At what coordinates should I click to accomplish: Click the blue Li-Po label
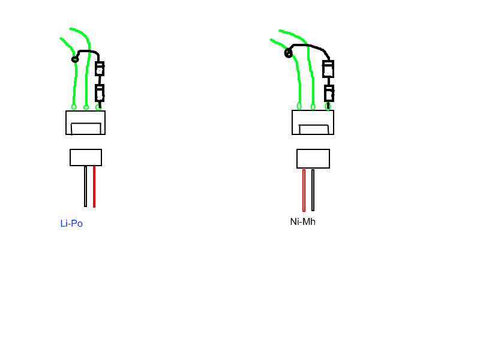coord(71,224)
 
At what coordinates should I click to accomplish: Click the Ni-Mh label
coord(302,222)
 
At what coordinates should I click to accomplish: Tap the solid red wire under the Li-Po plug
coord(94,187)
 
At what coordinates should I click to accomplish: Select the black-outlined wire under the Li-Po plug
coord(85,187)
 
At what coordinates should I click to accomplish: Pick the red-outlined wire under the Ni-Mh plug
coord(304,190)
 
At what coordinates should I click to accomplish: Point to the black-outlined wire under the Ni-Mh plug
coord(313,190)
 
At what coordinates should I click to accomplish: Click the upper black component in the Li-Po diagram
coord(100,69)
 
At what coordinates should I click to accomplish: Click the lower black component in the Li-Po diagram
coord(100,94)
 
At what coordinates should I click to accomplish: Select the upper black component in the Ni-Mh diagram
coord(328,69)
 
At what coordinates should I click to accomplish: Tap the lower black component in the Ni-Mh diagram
coord(329,94)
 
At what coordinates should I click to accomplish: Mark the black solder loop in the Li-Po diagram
coord(75,59)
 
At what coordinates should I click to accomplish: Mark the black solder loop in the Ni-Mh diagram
coord(289,53)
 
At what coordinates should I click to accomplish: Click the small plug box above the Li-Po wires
coord(86,157)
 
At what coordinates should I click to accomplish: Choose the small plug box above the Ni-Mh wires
coord(313,158)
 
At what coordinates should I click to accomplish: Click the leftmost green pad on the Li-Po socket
coord(74,107)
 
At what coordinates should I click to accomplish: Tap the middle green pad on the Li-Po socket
coord(86,107)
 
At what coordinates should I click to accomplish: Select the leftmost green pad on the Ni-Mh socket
coord(299,106)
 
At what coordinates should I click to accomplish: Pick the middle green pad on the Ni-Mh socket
coord(313,107)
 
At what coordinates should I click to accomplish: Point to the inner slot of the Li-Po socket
coord(86,128)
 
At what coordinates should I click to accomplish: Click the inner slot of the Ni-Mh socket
coord(314,130)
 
